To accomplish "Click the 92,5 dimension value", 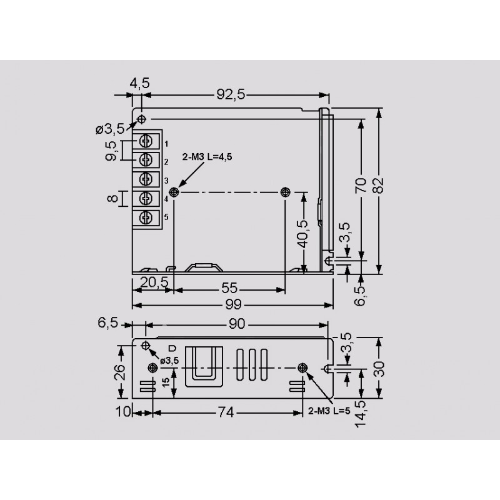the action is click(231, 94).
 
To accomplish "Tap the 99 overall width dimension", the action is click(233, 305).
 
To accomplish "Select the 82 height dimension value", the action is click(378, 185).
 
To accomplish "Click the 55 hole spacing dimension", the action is click(229, 288).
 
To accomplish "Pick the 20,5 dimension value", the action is click(154, 282).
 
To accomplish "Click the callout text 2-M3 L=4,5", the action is click(207, 157).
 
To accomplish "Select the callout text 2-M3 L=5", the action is click(329, 411).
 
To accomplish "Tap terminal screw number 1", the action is click(146, 141).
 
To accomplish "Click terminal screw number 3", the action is click(146, 179).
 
